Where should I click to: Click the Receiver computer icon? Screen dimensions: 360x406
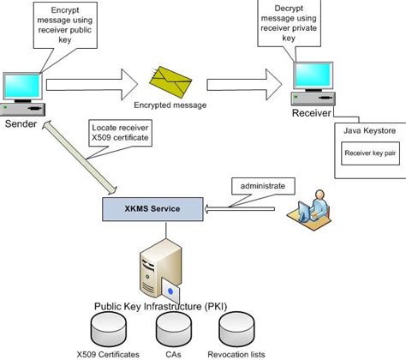coord(313,87)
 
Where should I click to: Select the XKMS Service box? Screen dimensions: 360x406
coord(152,207)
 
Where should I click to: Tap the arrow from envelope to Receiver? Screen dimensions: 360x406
coord(244,84)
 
